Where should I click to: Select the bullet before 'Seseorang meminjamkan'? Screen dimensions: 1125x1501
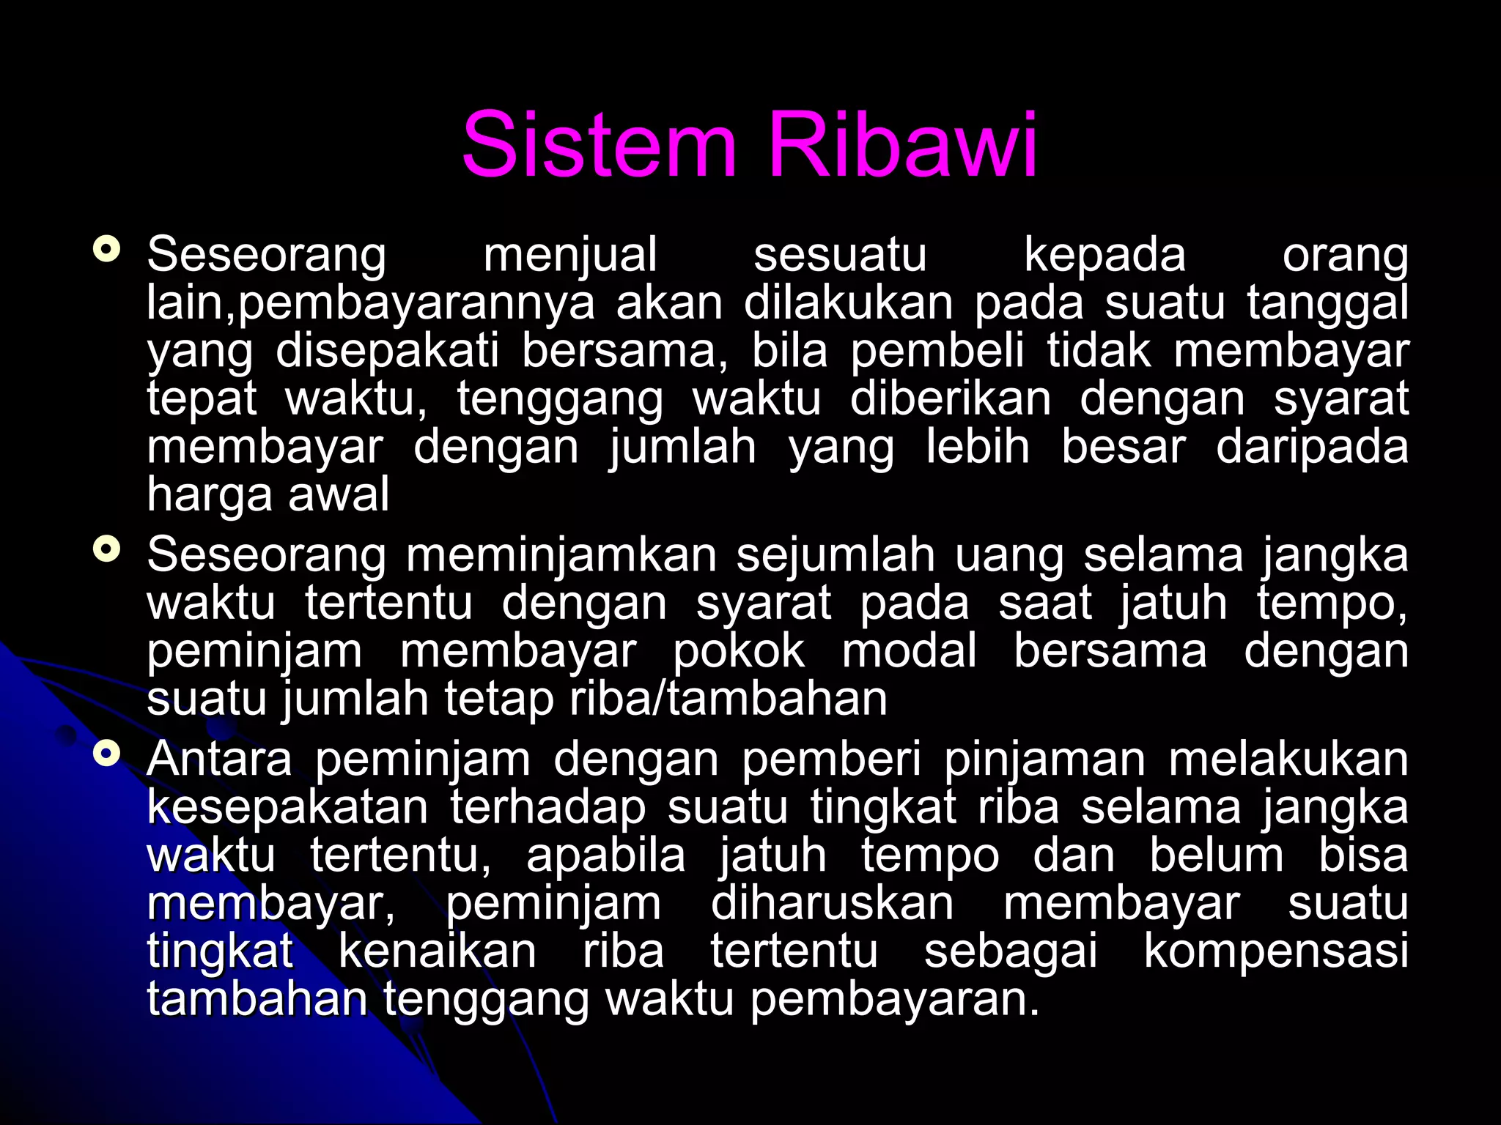107,549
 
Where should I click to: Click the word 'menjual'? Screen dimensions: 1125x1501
570,256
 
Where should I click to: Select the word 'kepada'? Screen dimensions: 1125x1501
1104,256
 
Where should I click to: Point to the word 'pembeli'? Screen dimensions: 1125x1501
937,351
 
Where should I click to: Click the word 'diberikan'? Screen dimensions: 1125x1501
951,399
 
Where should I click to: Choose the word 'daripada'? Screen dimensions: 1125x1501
1312,448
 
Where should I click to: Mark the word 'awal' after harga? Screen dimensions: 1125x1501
339,494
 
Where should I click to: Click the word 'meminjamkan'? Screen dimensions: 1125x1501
561,555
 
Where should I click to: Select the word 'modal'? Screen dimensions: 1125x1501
909,651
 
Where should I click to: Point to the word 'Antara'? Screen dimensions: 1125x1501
219,760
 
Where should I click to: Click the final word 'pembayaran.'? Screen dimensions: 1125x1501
895,1000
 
